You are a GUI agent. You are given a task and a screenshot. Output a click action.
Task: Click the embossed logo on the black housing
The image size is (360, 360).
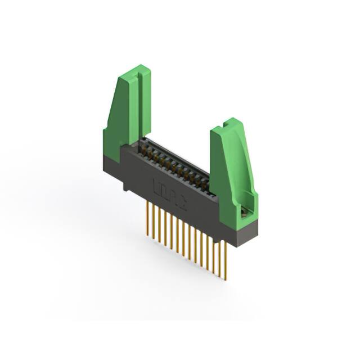tap(163, 187)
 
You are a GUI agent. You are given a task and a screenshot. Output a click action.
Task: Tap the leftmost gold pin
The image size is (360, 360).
tap(148, 217)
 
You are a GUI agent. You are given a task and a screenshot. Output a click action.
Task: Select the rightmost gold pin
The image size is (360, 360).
tap(226, 259)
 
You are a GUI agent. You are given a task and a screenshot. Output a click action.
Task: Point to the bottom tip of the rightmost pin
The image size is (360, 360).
tap(226, 279)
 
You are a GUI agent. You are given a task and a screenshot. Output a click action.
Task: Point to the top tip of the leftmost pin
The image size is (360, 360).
tap(148, 204)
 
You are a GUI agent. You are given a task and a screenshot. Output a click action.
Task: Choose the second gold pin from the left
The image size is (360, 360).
tap(154, 220)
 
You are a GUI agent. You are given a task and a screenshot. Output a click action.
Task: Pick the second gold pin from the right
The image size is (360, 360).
tap(220, 256)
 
